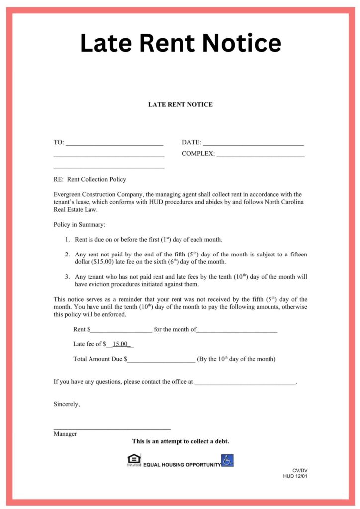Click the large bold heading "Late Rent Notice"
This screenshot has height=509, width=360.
(x=180, y=43)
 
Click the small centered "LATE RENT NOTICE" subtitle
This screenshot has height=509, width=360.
(x=180, y=105)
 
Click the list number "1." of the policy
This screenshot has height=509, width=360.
(x=67, y=240)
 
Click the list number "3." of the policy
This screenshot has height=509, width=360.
(x=67, y=277)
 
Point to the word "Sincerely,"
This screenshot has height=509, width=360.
(x=67, y=404)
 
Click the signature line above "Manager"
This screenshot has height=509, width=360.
(x=112, y=428)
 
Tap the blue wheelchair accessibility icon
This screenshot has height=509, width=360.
(x=228, y=460)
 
